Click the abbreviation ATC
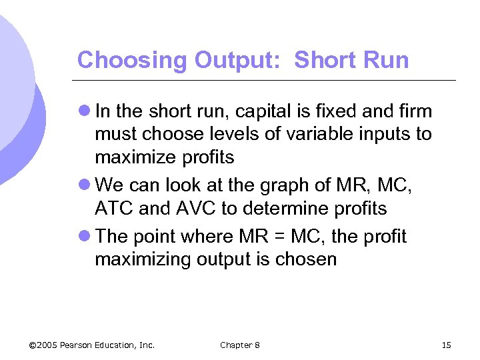[113, 209]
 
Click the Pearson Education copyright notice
[92, 345]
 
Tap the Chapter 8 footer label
[240, 345]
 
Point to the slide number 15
[446, 345]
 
